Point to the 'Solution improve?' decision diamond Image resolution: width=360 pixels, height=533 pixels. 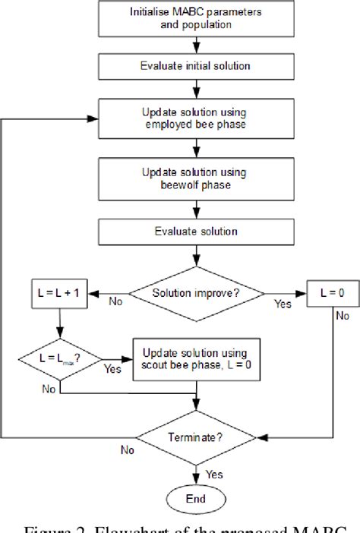tap(197, 292)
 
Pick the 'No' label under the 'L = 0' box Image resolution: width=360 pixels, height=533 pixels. tap(343, 313)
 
